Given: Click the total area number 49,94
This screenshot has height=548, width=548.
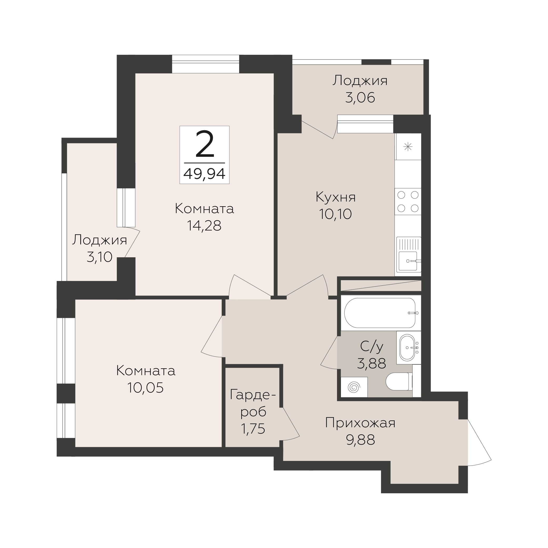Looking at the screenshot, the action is pos(204,174).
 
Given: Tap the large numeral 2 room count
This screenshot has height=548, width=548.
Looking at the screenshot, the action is pos(204,144).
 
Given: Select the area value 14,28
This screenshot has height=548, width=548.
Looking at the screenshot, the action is pos(204,226).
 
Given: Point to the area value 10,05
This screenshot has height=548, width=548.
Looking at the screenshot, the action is pos(145,388).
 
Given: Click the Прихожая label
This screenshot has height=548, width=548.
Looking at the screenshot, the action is pos(360,423).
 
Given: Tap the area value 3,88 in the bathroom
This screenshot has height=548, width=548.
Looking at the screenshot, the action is pos(371,363).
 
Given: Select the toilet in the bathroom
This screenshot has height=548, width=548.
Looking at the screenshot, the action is pos(399,381).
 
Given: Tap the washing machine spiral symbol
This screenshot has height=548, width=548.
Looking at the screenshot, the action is pos(354,387).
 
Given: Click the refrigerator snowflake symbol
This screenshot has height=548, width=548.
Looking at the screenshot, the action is pos(408,147).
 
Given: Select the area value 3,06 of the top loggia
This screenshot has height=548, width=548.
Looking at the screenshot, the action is pos(360,98).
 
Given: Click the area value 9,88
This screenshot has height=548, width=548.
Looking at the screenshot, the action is pos(360,440).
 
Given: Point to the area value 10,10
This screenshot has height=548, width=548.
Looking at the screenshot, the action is pos(335,214).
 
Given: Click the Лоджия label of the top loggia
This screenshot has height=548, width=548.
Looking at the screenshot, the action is pos(360,81).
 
